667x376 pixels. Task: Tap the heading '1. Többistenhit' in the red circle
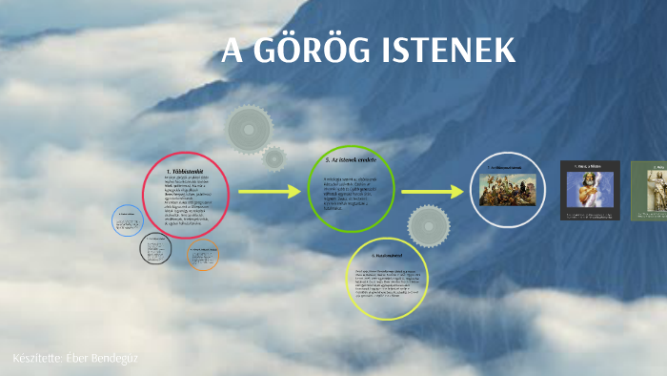187,171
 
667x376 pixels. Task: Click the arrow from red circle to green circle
270,192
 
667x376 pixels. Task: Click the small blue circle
128,221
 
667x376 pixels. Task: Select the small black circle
155,249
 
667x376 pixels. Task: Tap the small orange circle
202,255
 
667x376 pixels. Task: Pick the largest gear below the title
250,128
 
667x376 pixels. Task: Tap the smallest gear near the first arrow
274,157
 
